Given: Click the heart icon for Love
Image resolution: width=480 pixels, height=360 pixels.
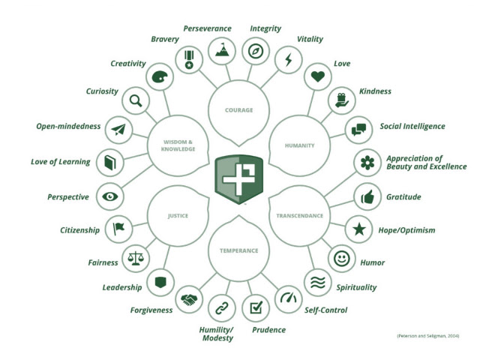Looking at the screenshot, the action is point(317,76).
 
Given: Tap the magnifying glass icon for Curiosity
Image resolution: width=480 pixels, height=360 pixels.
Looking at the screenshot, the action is point(136,100).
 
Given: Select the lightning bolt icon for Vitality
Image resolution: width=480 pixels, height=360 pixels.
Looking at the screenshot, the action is point(288,60).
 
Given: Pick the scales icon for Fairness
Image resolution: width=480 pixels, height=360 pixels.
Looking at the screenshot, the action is point(136,259).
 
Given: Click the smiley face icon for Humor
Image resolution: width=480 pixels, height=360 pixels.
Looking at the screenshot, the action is point(342,258).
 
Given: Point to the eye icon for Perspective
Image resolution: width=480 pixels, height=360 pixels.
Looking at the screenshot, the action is point(110,196).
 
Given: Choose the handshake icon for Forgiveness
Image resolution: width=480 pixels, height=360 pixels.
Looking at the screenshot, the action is point(189,300).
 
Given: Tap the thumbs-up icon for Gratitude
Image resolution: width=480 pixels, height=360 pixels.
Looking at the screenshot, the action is point(367,196).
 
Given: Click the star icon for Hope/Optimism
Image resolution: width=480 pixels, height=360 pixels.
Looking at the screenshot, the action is point(359,229).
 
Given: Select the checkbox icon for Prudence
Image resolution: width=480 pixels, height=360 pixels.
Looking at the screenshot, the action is point(256,307).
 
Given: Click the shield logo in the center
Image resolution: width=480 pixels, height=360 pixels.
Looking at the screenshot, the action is point(238,179).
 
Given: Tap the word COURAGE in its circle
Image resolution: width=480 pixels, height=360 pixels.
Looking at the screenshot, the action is point(238,110).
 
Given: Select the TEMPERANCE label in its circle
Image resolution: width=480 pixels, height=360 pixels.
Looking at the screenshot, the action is point(238,250).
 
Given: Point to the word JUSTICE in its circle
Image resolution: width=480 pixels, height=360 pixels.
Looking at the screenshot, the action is point(178,216).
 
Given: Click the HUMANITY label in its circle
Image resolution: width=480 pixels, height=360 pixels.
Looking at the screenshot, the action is point(299,145).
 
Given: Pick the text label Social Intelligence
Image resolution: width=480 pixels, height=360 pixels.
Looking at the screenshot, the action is point(412,126).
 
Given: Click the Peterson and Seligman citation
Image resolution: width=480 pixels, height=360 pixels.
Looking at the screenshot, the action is point(428,336).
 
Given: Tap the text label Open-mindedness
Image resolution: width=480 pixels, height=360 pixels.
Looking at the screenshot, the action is point(68,126).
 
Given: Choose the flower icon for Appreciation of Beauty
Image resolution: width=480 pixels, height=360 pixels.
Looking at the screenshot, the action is point(367,163).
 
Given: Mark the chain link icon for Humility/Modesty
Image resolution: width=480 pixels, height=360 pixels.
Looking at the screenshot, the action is point(222,308).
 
